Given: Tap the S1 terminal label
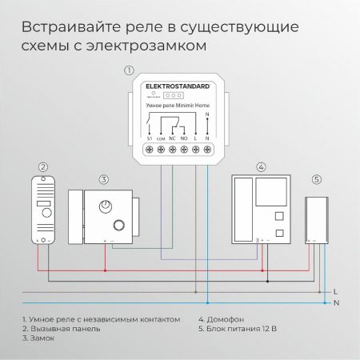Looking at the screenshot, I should (150, 138).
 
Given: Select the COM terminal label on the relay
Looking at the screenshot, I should (161, 138).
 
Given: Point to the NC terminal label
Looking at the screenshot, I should (174, 138).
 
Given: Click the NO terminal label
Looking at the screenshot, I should (185, 138).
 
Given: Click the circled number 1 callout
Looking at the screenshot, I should (129, 70).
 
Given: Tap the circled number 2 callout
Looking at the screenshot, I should (43, 167).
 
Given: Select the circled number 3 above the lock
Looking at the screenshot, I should (103, 179).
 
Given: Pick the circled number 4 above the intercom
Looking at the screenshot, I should (261, 167).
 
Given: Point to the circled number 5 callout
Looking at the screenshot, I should (316, 179).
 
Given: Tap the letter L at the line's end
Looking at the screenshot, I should (335, 291).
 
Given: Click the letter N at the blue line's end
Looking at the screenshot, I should (335, 303).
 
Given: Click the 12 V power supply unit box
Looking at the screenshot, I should (318, 218).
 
